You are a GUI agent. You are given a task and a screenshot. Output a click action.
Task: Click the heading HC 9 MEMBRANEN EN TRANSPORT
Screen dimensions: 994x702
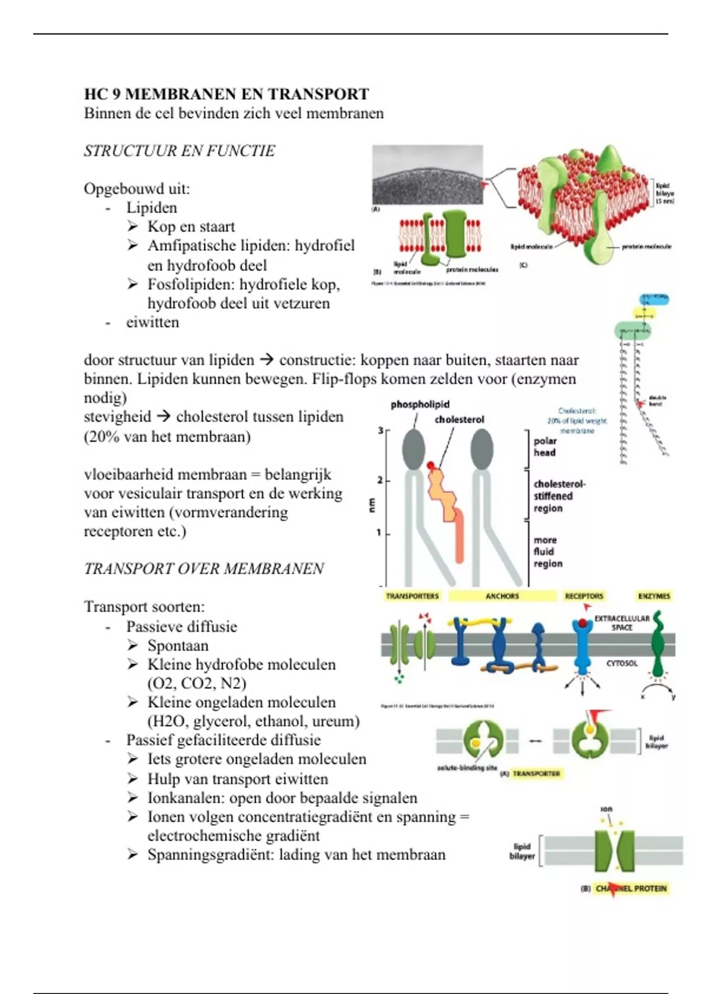(226, 94)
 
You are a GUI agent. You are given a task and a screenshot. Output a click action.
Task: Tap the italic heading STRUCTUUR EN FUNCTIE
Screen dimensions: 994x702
(179, 151)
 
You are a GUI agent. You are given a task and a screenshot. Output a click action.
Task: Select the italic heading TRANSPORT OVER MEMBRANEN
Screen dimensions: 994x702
(204, 569)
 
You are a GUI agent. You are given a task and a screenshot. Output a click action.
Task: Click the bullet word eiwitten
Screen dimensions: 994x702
(153, 322)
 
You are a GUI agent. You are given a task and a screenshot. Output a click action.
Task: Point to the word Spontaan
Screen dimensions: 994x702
(178, 646)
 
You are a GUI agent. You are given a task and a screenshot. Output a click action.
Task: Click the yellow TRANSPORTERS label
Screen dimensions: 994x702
(412, 596)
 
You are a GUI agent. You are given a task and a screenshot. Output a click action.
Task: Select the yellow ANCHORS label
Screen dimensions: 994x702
(502, 596)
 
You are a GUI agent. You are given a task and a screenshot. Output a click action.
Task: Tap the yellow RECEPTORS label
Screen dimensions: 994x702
(583, 596)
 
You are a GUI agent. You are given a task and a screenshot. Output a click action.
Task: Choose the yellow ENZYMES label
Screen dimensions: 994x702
(654, 596)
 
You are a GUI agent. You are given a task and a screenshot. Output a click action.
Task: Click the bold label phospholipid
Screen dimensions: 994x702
(420, 405)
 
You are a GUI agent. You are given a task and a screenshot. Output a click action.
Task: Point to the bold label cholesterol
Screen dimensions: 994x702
(459, 420)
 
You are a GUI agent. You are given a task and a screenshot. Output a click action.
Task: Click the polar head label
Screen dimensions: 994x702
(545, 447)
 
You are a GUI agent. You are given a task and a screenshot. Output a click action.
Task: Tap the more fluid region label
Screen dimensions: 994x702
(548, 551)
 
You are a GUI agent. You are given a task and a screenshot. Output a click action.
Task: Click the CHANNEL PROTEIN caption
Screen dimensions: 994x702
(631, 888)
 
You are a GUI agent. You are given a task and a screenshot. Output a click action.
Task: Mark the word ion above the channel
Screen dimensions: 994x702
(606, 809)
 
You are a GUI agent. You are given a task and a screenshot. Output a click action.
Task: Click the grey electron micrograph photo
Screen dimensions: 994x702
(428, 174)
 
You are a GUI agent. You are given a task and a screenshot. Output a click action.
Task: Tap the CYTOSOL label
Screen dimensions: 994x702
(622, 663)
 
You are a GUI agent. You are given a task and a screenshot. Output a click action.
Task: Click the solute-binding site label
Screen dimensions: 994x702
(467, 768)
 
